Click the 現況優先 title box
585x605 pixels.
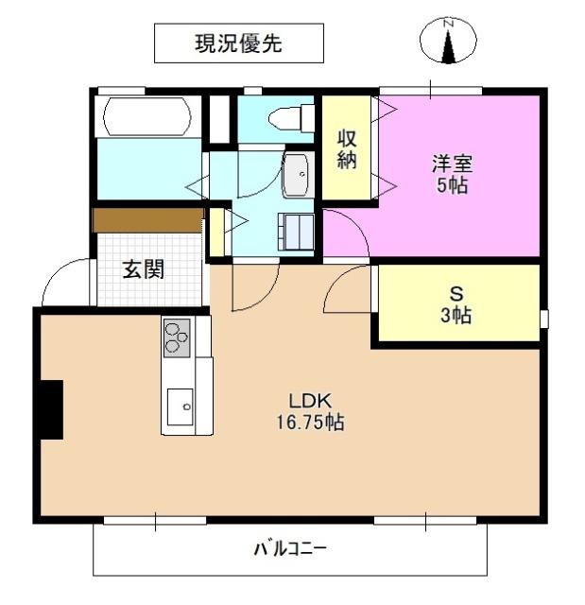[x=238, y=43]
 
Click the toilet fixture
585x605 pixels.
[x=290, y=118]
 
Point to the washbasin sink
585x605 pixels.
[x=296, y=174]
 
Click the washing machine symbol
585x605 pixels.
[x=297, y=231]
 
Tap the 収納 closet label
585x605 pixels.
[x=347, y=147]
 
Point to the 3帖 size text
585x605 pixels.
[x=456, y=316]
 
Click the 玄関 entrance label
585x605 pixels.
[x=143, y=269]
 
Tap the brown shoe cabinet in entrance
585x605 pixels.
[x=148, y=220]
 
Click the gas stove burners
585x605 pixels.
[x=178, y=337]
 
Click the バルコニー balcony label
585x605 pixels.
[x=289, y=549]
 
